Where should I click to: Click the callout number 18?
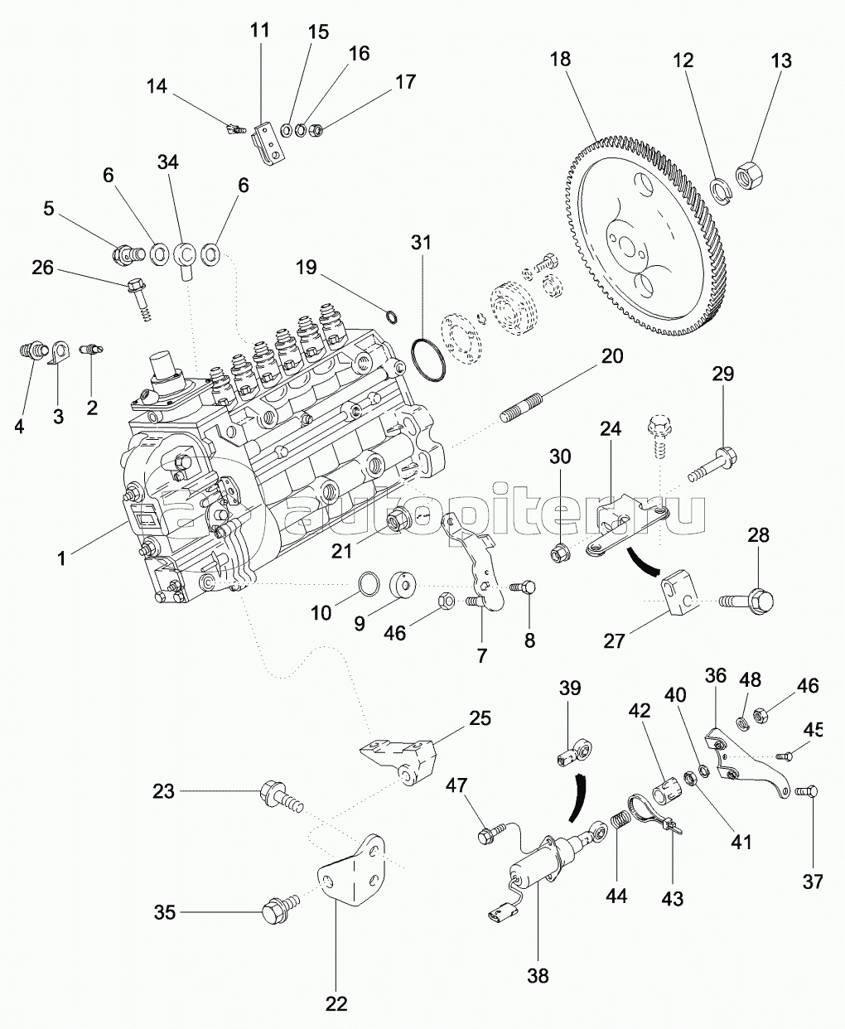[x=560, y=60]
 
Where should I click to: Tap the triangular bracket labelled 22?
[x=352, y=872]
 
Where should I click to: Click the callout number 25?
[x=479, y=717]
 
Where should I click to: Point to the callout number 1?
[x=60, y=558]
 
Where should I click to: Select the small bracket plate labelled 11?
[x=267, y=143]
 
